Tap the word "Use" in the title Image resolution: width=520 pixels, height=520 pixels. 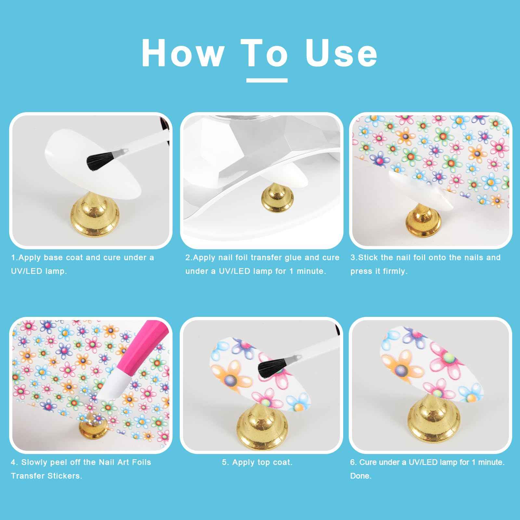pyautogui.click(x=342, y=53)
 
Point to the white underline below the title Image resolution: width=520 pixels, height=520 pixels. pyautogui.click(x=267, y=80)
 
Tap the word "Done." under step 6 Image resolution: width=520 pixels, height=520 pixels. pyautogui.click(x=361, y=476)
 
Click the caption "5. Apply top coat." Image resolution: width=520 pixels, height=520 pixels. pyautogui.click(x=257, y=462)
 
